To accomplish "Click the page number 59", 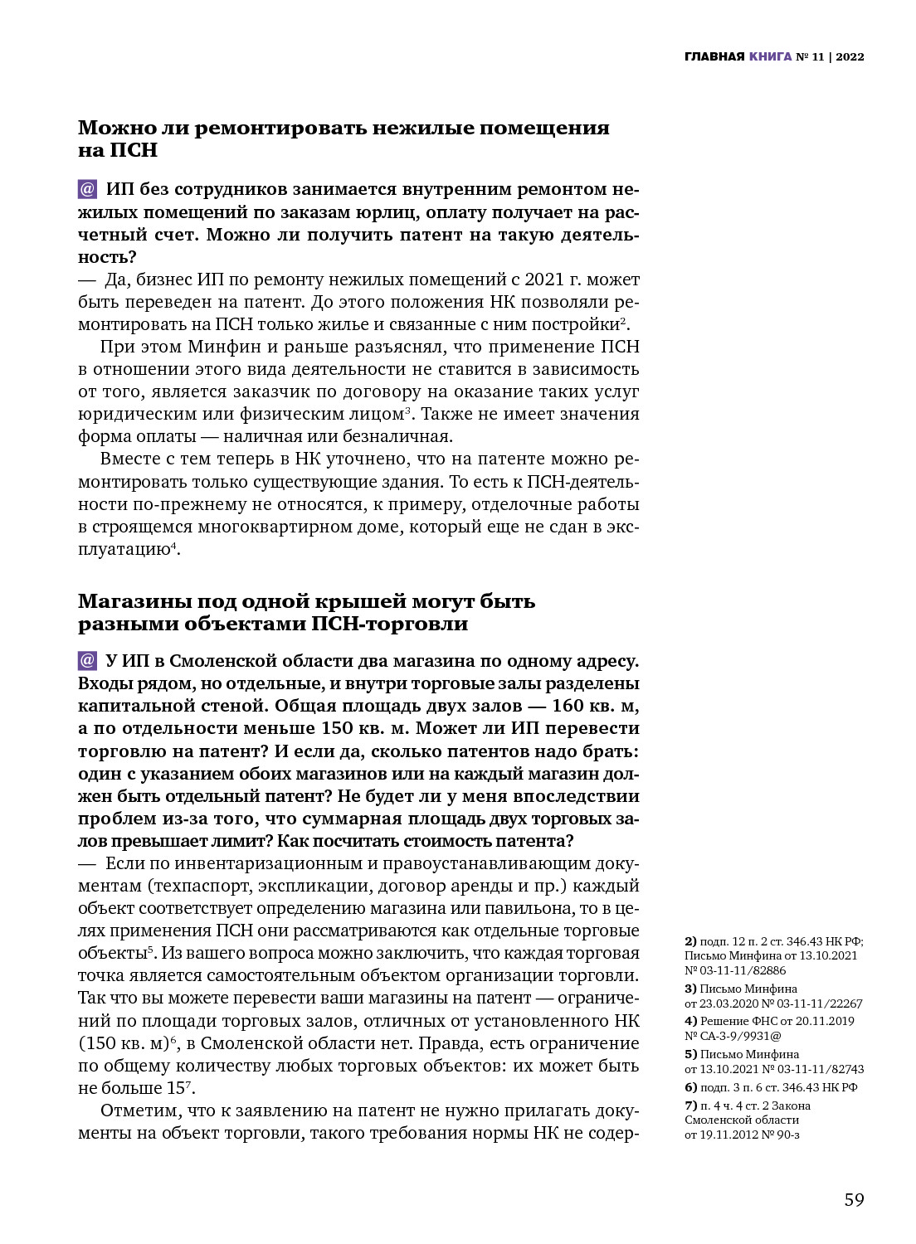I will tap(854, 1200).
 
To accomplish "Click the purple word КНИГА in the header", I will tap(770, 57).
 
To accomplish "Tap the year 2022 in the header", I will tap(850, 57).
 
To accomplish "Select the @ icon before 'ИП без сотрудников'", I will tap(87, 189).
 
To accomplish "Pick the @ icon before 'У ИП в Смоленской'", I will tap(87, 661).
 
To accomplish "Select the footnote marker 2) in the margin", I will tap(690, 941).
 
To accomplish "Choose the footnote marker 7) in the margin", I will tap(690, 1106).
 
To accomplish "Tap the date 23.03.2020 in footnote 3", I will tap(728, 1003).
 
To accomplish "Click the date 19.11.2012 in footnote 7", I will tap(728, 1135).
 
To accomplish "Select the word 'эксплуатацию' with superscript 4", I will tap(124, 549).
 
